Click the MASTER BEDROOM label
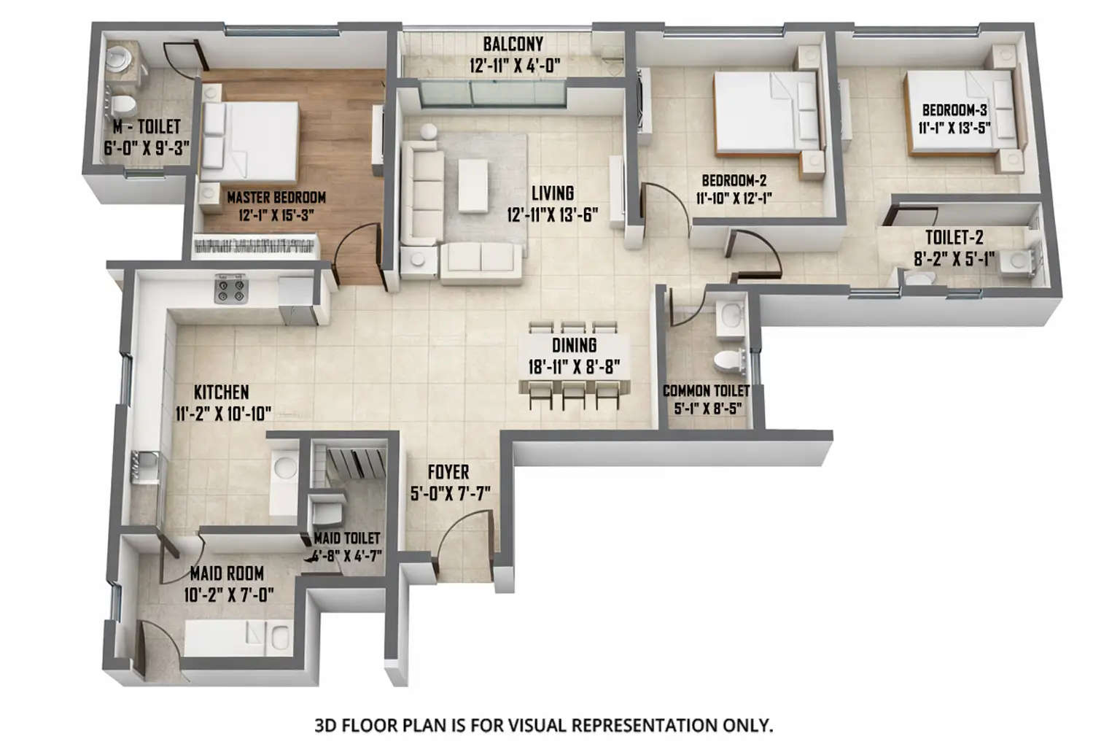(276, 197)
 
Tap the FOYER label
(448, 473)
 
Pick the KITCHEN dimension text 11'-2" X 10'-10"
(223, 414)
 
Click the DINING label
(574, 346)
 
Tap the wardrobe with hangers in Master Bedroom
(255, 246)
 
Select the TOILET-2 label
(954, 238)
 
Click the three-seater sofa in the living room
(421, 191)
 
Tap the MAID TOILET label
(346, 538)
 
